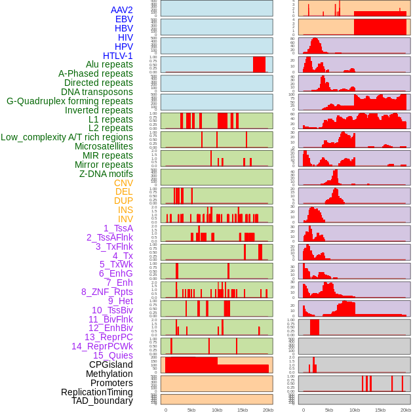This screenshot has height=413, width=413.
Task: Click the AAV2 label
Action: [121, 10]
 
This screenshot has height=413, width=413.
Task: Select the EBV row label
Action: [124, 19]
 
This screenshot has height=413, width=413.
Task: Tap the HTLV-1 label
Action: [117, 56]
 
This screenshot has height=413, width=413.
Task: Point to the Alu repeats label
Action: [109, 64]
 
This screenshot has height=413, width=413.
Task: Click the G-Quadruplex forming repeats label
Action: [69, 101]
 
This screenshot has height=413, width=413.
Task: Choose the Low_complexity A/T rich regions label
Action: [67, 137]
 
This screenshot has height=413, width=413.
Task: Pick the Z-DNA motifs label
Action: [106, 174]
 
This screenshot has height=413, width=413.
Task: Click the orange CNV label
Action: [123, 183]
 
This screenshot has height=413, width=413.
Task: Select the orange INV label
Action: [125, 219]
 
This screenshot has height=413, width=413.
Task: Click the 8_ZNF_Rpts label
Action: [107, 292]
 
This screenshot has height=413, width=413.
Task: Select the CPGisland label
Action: [111, 364]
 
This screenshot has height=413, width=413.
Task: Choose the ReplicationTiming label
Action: [96, 392]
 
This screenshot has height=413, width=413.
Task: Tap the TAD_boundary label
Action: [102, 401]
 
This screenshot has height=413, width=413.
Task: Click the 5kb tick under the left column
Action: [191, 410]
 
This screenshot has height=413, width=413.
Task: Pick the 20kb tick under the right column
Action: [406, 410]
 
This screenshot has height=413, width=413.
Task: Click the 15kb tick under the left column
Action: [243, 410]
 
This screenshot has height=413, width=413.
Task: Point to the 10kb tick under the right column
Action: [354, 410]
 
